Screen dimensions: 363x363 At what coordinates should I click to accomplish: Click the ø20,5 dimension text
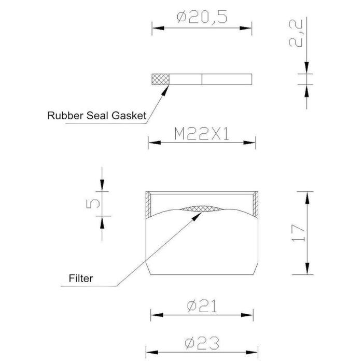pyautogui.click(x=202, y=17)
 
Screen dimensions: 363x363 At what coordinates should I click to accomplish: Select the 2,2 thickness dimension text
pyautogui.click(x=296, y=33)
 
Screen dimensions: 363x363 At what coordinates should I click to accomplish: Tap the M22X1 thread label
pyautogui.click(x=202, y=134)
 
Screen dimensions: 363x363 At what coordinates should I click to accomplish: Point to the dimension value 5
pyautogui.click(x=93, y=204)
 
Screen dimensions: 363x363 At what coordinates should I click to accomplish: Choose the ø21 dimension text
pyautogui.click(x=202, y=306)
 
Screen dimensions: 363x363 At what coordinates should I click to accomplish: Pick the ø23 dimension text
pyautogui.click(x=202, y=343)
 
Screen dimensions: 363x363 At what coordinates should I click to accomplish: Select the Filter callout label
pyautogui.click(x=81, y=278)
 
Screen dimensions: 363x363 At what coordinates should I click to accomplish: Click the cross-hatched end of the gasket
pyautogui.click(x=160, y=79)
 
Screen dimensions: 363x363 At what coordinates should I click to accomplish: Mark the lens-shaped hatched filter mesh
pyautogui.click(x=202, y=209)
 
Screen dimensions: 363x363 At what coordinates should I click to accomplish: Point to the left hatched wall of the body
pyautogui.click(x=148, y=204)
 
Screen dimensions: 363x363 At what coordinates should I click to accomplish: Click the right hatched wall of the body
pyautogui.click(x=255, y=204)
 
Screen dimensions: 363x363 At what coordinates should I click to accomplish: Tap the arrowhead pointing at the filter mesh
pyautogui.click(x=197, y=217)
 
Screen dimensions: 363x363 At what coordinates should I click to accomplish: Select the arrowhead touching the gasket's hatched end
pyautogui.click(x=165, y=90)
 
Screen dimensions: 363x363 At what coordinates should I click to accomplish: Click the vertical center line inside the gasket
pyautogui.click(x=202, y=79)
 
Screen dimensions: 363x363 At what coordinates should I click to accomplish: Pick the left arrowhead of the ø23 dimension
pyautogui.click(x=152, y=353)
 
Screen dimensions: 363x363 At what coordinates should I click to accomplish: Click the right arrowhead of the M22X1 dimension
pyautogui.click(x=249, y=143)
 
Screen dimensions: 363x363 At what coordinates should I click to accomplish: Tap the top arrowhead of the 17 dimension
pyautogui.click(x=307, y=198)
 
